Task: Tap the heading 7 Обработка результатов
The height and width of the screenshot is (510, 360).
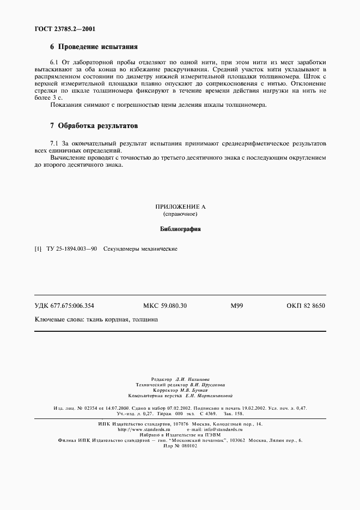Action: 94,125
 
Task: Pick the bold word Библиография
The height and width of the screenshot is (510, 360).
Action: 180,229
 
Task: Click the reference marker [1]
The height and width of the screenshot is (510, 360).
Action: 38,249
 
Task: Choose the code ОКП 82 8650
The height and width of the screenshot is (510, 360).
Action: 306,306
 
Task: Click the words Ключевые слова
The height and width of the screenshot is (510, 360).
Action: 56,320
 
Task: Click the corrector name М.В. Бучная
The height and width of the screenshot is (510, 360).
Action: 193,390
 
